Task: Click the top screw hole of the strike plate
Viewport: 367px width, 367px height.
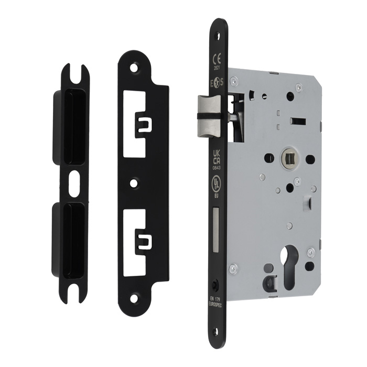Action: click(x=135, y=68)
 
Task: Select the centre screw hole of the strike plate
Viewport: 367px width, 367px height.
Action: click(x=135, y=183)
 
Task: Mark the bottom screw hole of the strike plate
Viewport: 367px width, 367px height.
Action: click(x=135, y=299)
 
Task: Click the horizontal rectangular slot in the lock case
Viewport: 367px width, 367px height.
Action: click(x=298, y=121)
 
